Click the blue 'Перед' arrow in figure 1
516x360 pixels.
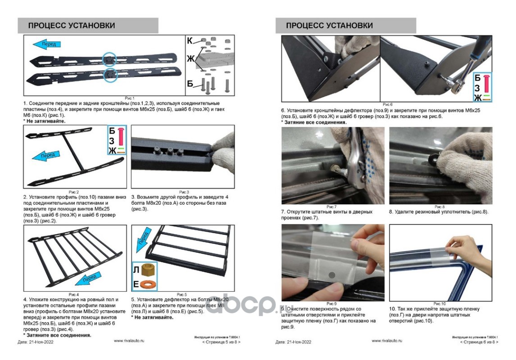click(47, 44)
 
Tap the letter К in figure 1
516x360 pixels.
click(190, 41)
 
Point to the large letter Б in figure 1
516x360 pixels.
click(190, 84)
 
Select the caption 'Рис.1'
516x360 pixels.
click(130, 98)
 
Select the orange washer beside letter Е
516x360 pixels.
click(147, 284)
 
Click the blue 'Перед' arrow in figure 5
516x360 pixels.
click(143, 237)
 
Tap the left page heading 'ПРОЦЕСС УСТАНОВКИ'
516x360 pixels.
click(72, 26)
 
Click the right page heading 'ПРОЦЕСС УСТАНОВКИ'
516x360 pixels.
click(329, 26)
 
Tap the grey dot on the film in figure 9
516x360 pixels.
click(332, 274)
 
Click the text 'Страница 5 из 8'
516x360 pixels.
click(221, 342)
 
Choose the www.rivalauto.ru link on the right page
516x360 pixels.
click(387, 341)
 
